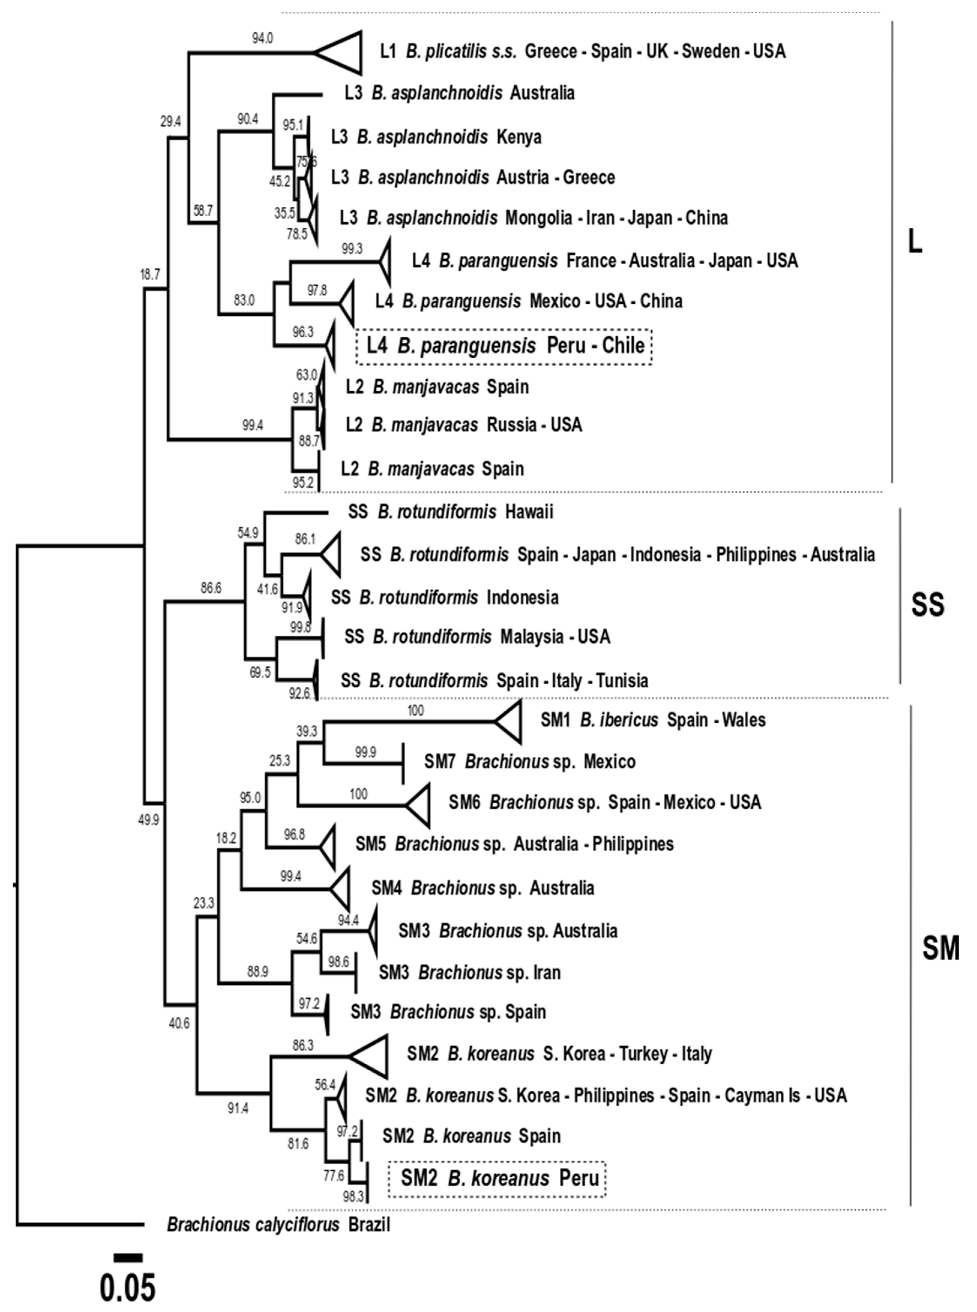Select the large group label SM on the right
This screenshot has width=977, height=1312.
(x=940, y=949)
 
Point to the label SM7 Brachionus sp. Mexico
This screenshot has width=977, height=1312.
(x=529, y=761)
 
